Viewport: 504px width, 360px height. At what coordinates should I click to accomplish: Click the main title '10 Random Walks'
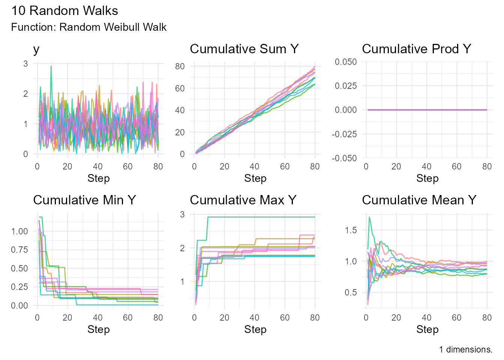pyautogui.click(x=64, y=11)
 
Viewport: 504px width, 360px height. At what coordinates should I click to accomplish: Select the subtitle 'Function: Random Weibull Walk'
pyautogui.click(x=89, y=27)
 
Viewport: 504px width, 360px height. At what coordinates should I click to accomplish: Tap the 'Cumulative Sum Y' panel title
pyautogui.click(x=244, y=49)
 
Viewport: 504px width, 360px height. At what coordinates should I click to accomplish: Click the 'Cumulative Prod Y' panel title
pyautogui.click(x=416, y=49)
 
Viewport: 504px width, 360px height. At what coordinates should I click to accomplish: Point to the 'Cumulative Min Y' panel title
pyautogui.click(x=84, y=200)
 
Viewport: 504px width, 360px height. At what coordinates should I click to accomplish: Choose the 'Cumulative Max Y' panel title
pyautogui.click(x=243, y=200)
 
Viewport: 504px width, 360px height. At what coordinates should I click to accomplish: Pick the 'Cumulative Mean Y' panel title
pyautogui.click(x=419, y=200)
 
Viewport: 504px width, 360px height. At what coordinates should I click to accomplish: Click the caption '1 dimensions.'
pyautogui.click(x=466, y=350)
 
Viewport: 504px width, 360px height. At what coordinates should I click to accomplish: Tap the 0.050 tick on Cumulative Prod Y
pyautogui.click(x=346, y=62)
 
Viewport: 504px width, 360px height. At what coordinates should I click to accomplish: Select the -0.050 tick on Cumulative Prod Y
pyautogui.click(x=344, y=158)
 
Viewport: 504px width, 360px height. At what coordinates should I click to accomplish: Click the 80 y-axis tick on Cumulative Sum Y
pyautogui.click(x=180, y=66)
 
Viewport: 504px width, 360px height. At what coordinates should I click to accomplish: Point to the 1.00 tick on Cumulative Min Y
pyautogui.click(x=19, y=231)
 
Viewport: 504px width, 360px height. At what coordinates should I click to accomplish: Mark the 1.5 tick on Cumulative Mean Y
pyautogui.click(x=351, y=230)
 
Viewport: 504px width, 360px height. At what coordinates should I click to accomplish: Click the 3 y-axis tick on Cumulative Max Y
pyautogui.click(x=182, y=214)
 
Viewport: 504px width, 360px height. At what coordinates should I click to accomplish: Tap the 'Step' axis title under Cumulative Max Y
pyautogui.click(x=255, y=330)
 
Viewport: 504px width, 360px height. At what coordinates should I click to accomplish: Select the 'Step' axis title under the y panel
pyautogui.click(x=99, y=178)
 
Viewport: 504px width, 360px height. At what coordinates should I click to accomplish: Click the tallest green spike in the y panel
pyautogui.click(x=51, y=66)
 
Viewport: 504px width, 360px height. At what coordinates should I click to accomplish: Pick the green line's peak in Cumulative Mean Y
pyautogui.click(x=369, y=217)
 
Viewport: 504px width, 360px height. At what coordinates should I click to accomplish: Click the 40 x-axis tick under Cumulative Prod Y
pyautogui.click(x=426, y=166)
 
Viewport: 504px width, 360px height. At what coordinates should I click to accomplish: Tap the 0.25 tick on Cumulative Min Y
pyautogui.click(x=19, y=287)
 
